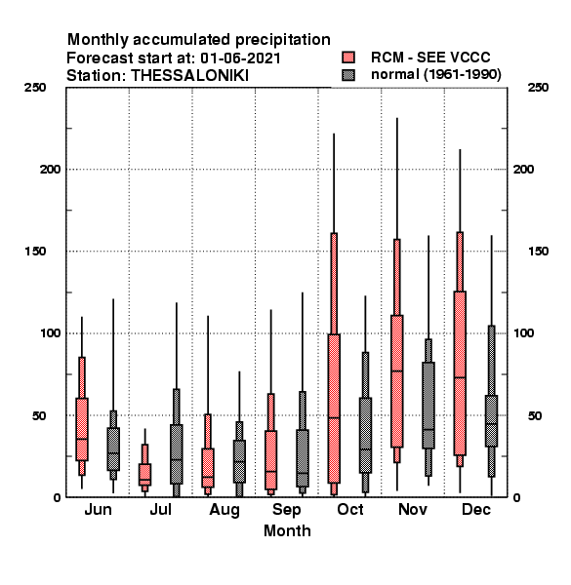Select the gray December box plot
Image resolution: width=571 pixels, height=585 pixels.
coord(492,420)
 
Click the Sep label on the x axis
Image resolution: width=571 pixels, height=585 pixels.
coord(286,510)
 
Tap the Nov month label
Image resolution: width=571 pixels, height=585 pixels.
coord(413,509)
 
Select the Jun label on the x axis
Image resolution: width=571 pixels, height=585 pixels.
coord(98,509)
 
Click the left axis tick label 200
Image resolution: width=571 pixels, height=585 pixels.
coord(50,170)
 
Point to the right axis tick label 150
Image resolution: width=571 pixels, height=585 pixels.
coord(538,252)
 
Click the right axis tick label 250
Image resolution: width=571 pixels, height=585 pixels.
coord(538,88)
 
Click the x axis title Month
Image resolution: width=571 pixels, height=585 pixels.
coord(287,531)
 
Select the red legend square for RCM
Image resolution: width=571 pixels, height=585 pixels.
coord(348,58)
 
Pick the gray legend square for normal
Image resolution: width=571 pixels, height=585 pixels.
coord(348,75)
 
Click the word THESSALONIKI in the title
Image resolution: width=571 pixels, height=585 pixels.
coord(189,76)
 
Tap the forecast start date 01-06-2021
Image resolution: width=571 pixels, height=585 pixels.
coord(240,58)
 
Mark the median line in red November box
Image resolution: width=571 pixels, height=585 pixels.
coord(397,370)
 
